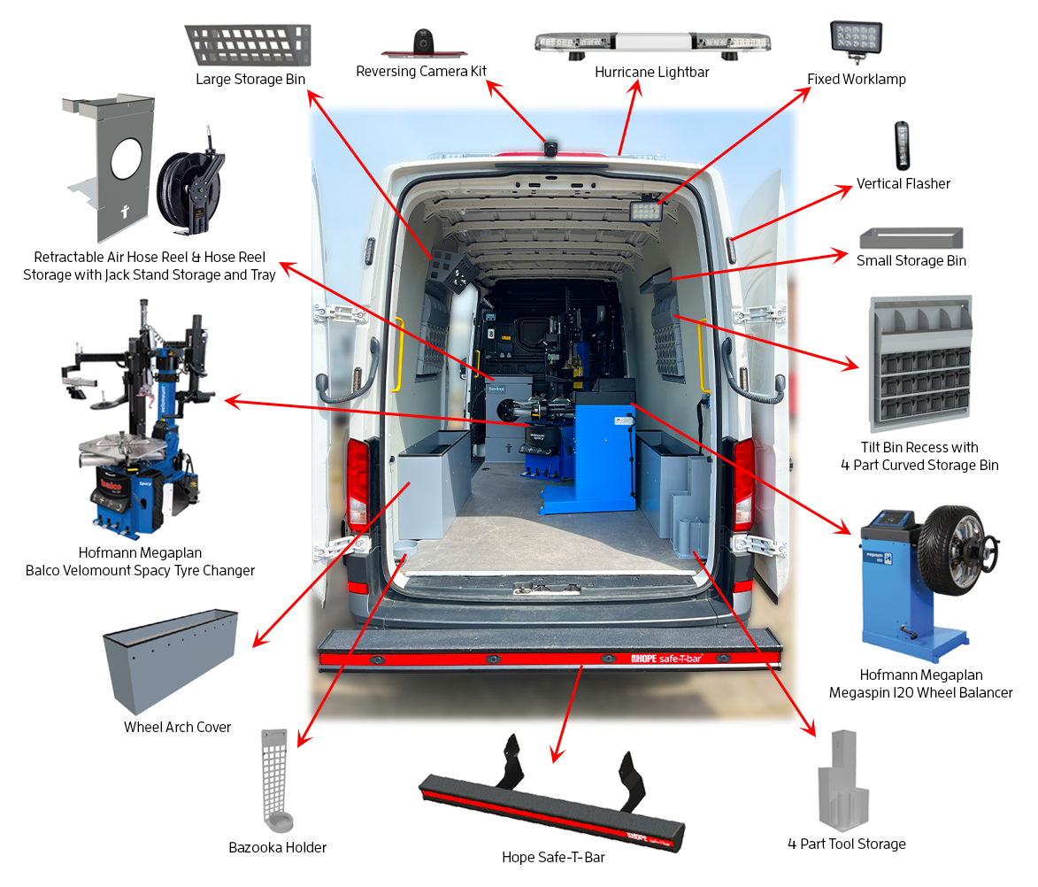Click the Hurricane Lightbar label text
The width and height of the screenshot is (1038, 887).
tap(651, 73)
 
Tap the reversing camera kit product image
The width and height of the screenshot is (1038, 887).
tap(424, 43)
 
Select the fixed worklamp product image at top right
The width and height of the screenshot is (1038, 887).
tap(856, 42)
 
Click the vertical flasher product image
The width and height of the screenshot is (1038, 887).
tap(902, 146)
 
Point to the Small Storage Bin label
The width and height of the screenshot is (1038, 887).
tap(911, 260)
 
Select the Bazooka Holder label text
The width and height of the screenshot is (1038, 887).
tap(277, 847)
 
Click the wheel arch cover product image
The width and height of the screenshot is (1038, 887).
tap(171, 660)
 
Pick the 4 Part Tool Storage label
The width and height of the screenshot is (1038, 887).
tap(847, 844)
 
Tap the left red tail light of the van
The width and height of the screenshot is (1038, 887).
tap(358, 482)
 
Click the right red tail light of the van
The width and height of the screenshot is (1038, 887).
tap(743, 483)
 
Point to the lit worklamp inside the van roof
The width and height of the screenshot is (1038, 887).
tap(646, 211)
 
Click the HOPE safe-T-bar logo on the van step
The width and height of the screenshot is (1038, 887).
tap(666, 659)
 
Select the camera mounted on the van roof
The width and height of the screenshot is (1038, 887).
tap(550, 147)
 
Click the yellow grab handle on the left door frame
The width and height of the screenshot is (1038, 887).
tap(398, 355)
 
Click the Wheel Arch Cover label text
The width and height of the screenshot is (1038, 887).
tap(177, 728)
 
